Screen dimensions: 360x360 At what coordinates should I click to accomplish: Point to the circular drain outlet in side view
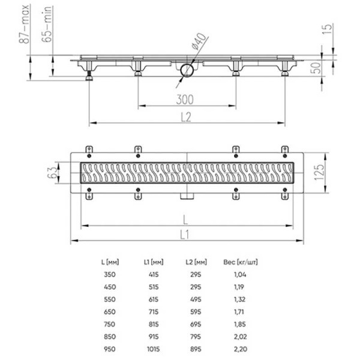click(x=185, y=70)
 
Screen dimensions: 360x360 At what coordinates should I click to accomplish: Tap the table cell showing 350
click(x=109, y=274)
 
